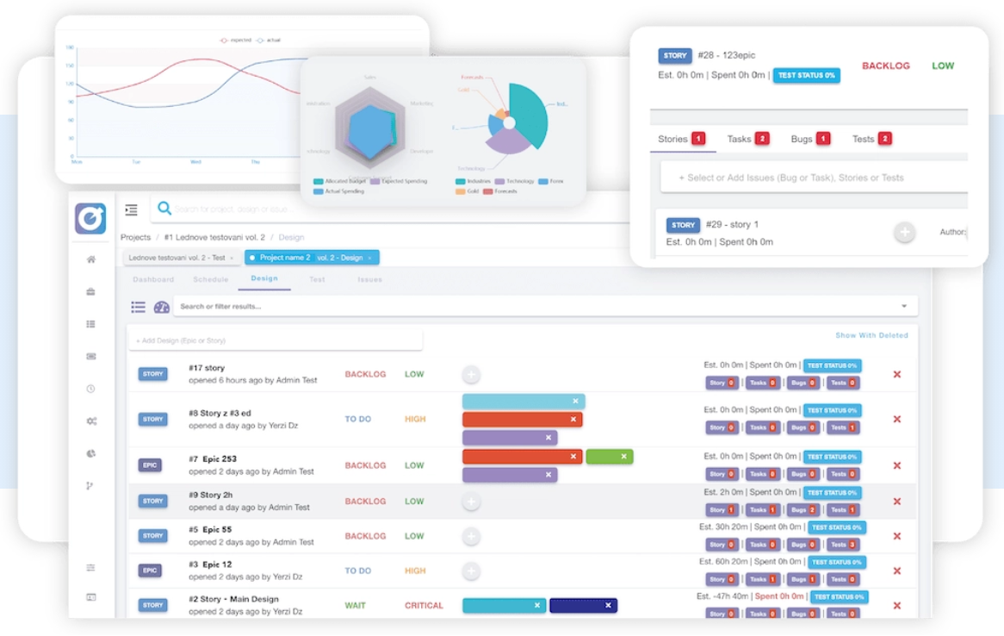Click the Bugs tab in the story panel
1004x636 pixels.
click(802, 139)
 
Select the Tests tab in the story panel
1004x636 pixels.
click(864, 139)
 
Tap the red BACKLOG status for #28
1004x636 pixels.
click(885, 65)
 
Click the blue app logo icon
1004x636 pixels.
click(90, 218)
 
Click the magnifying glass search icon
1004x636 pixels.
click(164, 208)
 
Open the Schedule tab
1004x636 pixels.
click(211, 279)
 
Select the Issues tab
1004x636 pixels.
click(369, 279)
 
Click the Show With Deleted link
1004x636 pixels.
click(871, 335)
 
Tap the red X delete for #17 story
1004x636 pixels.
click(897, 374)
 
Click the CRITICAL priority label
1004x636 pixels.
click(424, 606)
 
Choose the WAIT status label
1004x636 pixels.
click(355, 606)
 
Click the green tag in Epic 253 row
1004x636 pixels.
click(610, 457)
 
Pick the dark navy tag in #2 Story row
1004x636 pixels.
click(583, 605)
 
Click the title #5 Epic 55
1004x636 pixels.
click(210, 529)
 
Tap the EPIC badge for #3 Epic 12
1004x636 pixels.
click(150, 571)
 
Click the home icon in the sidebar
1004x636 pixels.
click(91, 259)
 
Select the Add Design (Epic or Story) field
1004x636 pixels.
click(276, 340)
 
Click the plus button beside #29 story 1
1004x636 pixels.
click(904, 233)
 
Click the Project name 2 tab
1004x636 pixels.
click(284, 258)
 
